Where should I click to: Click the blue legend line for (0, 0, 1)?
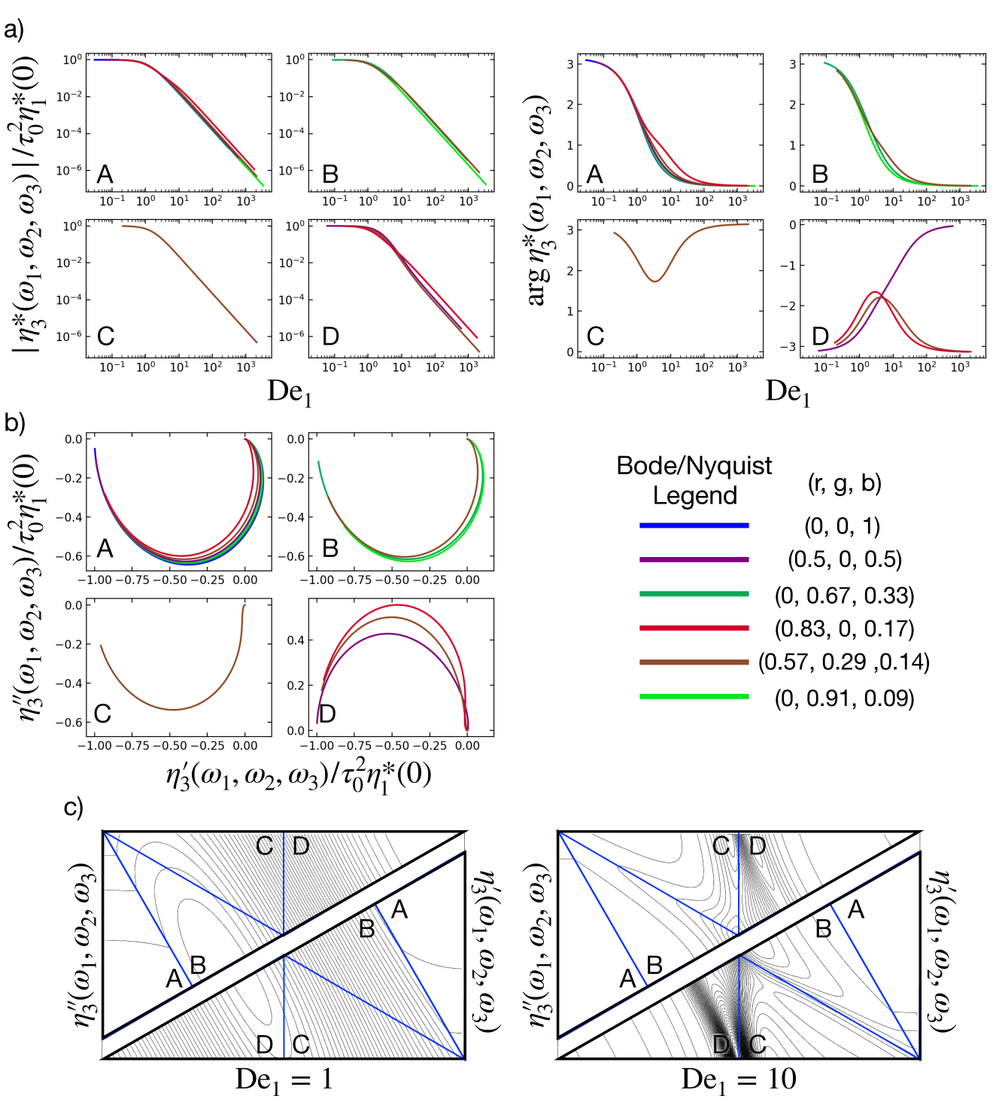tap(694, 525)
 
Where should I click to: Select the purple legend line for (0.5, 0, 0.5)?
tap(694, 559)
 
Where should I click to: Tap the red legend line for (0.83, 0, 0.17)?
tap(694, 628)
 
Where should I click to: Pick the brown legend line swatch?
tap(694, 662)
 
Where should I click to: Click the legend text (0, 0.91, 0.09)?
tap(844, 698)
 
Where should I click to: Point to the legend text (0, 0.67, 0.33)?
tap(844, 595)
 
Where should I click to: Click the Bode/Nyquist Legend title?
tap(694, 480)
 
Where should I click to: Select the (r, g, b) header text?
tap(844, 482)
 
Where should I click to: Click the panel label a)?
tap(14, 30)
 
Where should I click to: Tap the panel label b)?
tap(14, 422)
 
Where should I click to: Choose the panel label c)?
tap(73, 808)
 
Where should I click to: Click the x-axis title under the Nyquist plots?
tap(299, 774)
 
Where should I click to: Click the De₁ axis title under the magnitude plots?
tap(289, 392)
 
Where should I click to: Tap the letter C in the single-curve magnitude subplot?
tap(106, 336)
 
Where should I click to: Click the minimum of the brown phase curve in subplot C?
tap(656, 281)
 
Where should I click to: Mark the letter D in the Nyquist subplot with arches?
tap(327, 713)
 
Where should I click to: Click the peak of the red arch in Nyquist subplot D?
tap(396, 605)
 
